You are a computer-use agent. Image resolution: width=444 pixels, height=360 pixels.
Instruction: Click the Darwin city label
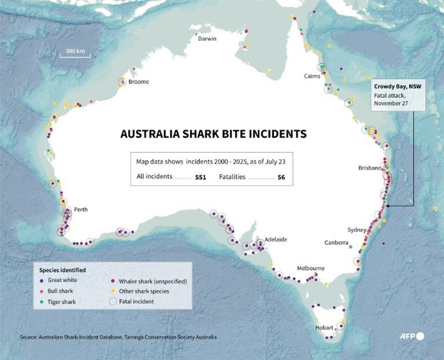[207, 39]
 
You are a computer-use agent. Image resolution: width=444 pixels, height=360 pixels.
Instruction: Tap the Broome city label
[138, 82]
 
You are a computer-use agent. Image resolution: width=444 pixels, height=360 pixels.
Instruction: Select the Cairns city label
[311, 76]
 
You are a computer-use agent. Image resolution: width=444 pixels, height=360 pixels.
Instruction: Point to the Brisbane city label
[370, 168]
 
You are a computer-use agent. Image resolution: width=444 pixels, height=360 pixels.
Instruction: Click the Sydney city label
[357, 230]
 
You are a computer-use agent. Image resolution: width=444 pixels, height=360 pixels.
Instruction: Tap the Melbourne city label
[311, 268]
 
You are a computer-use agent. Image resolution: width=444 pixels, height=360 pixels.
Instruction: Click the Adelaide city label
[275, 239]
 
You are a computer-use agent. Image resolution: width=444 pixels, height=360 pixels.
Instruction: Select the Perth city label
[80, 209]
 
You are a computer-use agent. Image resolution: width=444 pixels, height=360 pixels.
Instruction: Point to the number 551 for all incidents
[200, 178]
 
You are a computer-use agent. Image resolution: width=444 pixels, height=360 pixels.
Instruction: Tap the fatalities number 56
[281, 178]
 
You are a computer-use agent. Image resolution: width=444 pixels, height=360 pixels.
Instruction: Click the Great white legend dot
[44, 280]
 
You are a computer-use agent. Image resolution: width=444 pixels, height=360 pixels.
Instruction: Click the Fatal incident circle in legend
[113, 302]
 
